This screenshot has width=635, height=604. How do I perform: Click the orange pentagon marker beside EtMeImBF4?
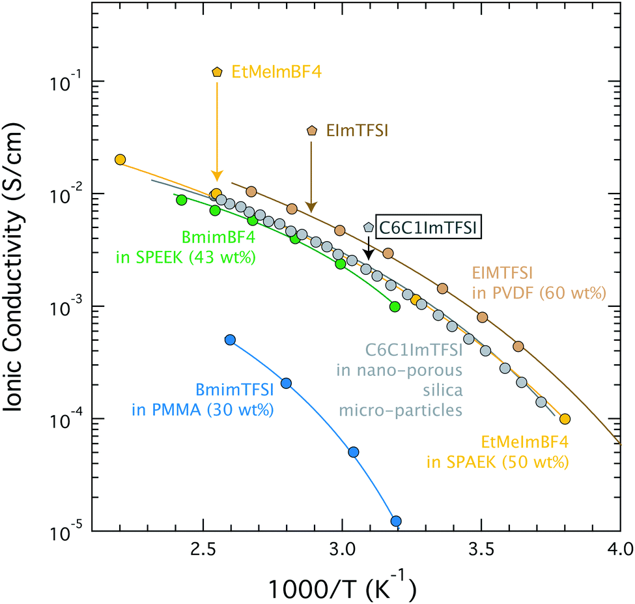point(217,72)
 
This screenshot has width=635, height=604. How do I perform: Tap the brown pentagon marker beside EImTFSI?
point(312,131)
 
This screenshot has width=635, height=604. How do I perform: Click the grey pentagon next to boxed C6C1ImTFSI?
point(369,227)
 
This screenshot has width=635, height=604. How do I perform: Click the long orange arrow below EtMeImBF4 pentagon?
point(217,130)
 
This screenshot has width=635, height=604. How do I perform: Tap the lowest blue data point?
point(395,521)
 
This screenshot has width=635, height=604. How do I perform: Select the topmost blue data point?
point(229,339)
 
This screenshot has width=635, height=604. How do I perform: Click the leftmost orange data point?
point(120,160)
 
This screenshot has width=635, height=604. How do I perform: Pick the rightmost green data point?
point(395,306)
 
